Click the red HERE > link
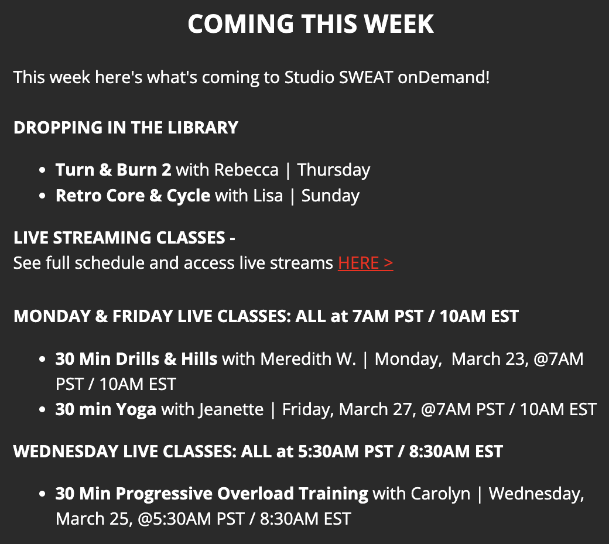pyautogui.click(x=365, y=263)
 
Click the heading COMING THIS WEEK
pyautogui.click(x=310, y=24)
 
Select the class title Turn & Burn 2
pyautogui.click(x=114, y=170)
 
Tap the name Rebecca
pyautogui.click(x=247, y=170)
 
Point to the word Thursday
pyautogui.click(x=334, y=170)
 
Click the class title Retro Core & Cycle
pyautogui.click(x=133, y=196)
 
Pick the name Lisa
pyautogui.click(x=268, y=196)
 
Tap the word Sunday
pyautogui.click(x=330, y=196)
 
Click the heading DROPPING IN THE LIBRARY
pyautogui.click(x=126, y=128)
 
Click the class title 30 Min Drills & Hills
pyautogui.click(x=136, y=358)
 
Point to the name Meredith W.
pyautogui.click(x=308, y=358)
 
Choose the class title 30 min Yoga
pyautogui.click(x=106, y=409)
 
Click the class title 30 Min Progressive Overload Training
pyautogui.click(x=212, y=494)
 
